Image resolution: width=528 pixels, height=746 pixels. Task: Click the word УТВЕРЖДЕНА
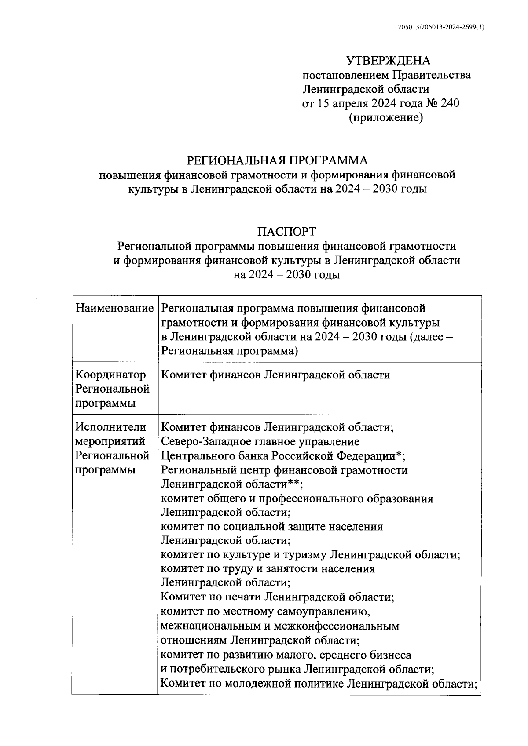(x=388, y=61)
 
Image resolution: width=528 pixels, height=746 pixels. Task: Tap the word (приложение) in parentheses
(x=386, y=117)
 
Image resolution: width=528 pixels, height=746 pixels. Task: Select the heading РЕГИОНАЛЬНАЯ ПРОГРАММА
(x=277, y=160)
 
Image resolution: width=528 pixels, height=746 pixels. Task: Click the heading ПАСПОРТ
(x=286, y=231)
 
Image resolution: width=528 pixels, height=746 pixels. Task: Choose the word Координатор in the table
(x=110, y=375)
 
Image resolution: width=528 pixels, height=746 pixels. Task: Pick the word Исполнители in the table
(x=111, y=427)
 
